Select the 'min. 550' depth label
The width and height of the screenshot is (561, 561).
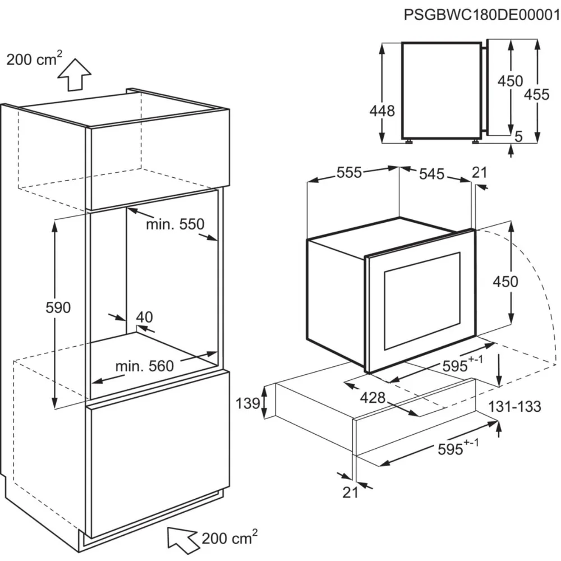(175, 224)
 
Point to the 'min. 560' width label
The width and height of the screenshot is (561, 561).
(145, 366)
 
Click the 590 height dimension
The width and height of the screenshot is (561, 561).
(58, 307)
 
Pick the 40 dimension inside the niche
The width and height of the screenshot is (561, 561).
(144, 317)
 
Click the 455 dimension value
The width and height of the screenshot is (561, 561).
(536, 95)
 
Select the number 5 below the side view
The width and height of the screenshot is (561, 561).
(518, 136)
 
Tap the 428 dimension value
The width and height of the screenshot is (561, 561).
(373, 398)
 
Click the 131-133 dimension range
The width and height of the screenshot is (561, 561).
(514, 406)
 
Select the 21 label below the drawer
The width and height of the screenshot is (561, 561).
(350, 492)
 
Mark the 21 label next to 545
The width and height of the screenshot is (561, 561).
(480, 173)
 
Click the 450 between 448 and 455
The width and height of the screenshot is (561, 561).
(511, 81)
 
